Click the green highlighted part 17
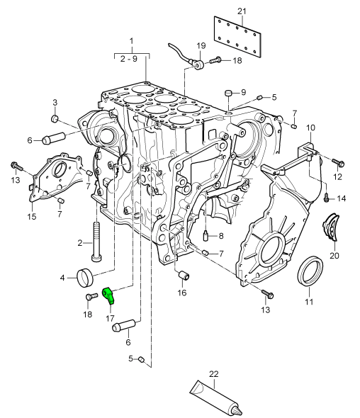pyautogui.click(x=108, y=295)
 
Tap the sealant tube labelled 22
pyautogui.click(x=216, y=398)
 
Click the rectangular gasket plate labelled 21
pyautogui.click(x=237, y=37)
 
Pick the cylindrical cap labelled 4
pyautogui.click(x=84, y=278)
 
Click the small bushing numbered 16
pyautogui.click(x=184, y=276)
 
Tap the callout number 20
pyautogui.click(x=334, y=256)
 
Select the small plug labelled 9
pyautogui.click(x=228, y=94)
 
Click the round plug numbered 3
pyautogui.click(x=55, y=118)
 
